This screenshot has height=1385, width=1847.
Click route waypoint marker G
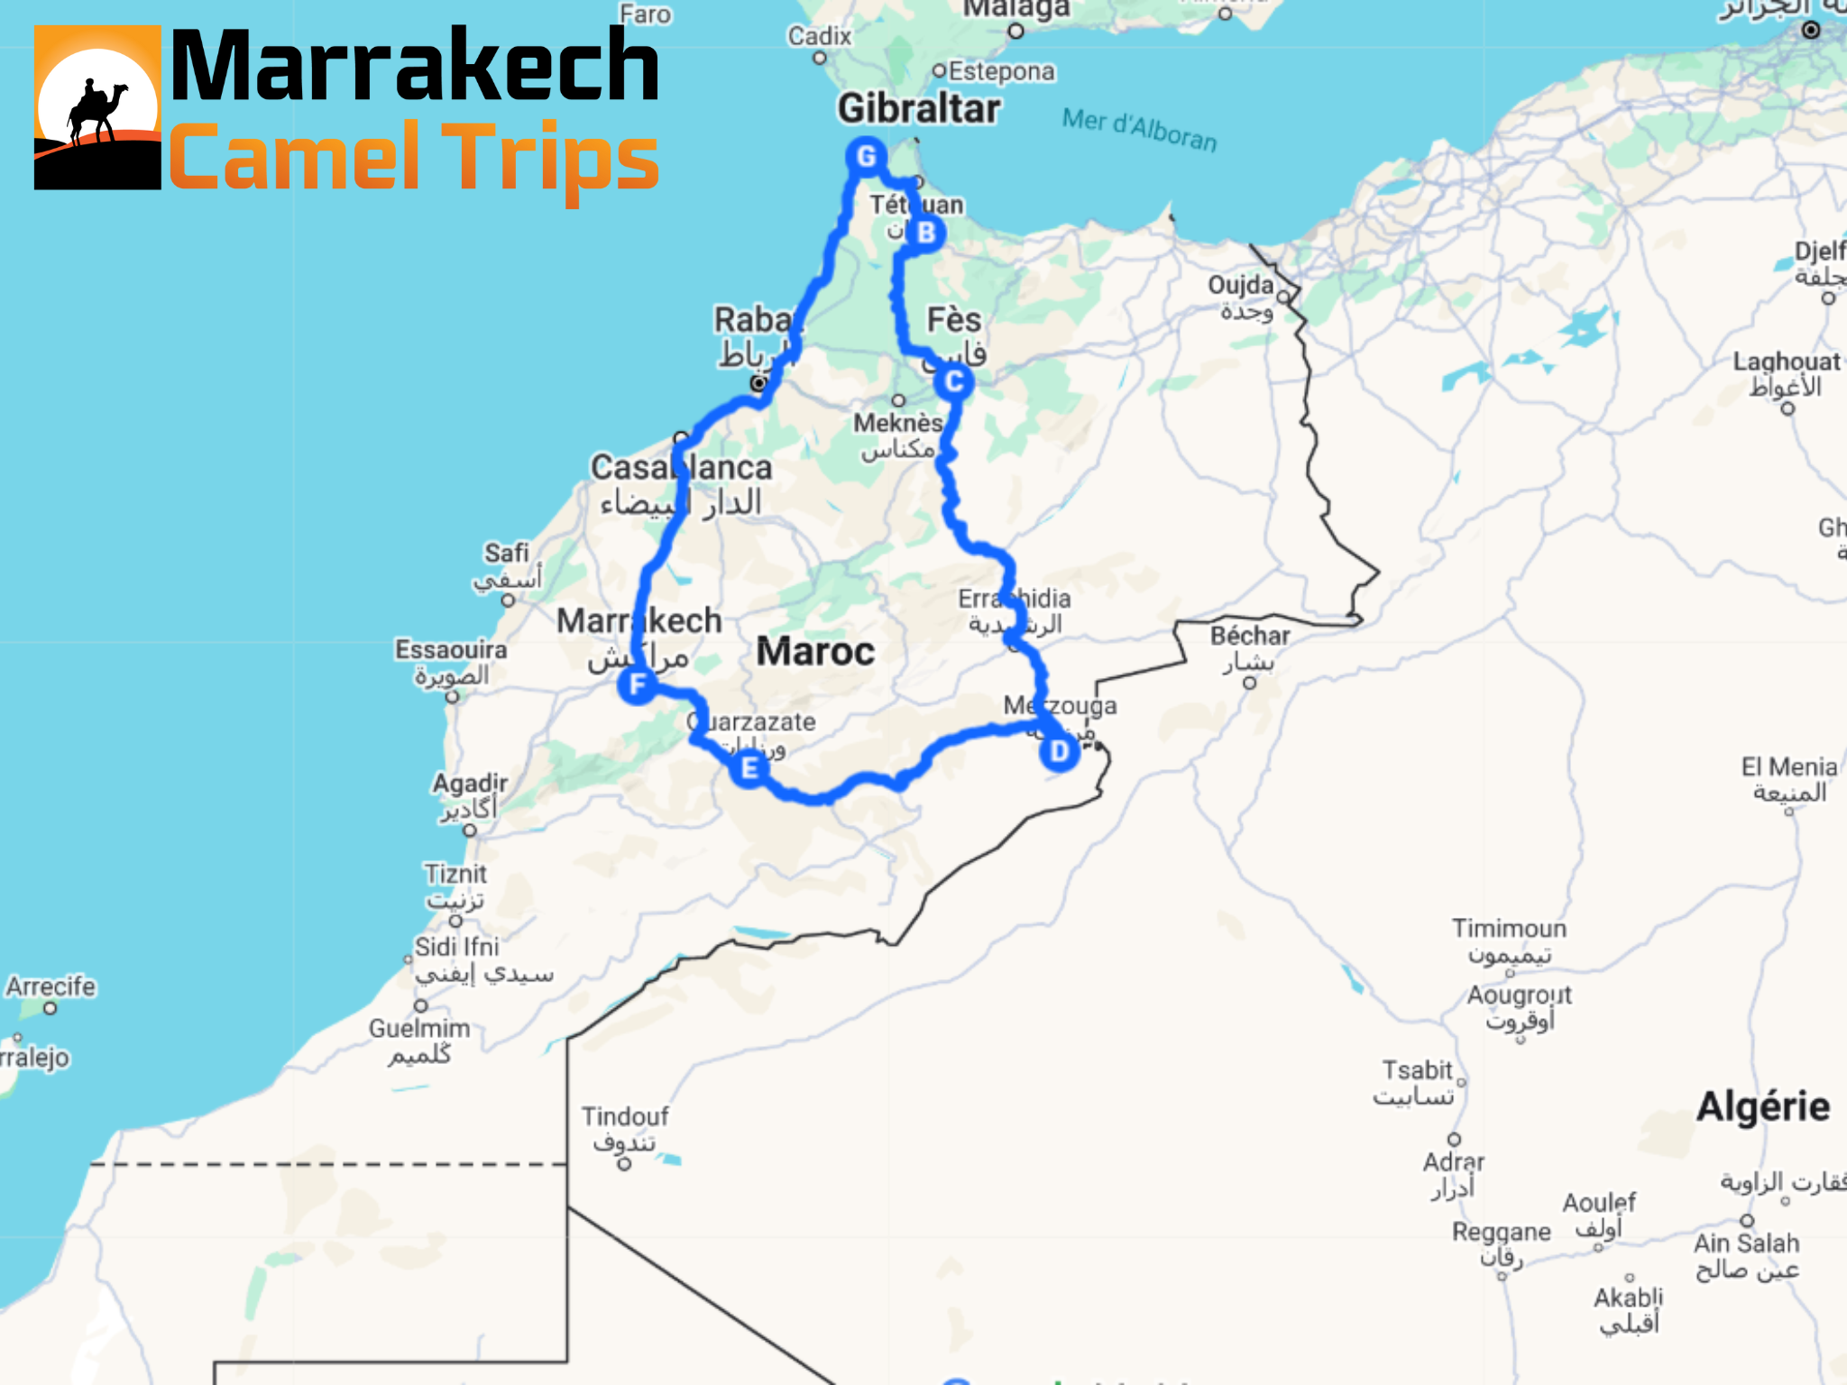(866, 157)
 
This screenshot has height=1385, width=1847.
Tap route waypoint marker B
(925, 234)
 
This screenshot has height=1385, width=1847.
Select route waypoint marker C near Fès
(953, 381)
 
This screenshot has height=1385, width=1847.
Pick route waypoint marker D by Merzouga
(1059, 751)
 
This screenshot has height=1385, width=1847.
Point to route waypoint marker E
(749, 768)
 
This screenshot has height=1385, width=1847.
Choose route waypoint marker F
(638, 685)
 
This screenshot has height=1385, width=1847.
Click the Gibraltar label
(918, 109)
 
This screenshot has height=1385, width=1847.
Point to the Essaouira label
(451, 650)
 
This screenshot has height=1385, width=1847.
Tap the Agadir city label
(470, 784)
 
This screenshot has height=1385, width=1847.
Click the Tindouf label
(625, 1117)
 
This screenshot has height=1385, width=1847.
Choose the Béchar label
(1249, 637)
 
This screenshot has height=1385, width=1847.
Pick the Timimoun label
(1509, 929)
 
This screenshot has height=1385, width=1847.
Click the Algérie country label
(1763, 1106)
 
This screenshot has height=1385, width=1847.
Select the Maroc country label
(815, 651)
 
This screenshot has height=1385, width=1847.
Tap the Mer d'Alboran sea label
(1140, 130)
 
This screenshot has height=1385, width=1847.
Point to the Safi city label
(507, 553)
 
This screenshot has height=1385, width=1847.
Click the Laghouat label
(1786, 362)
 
